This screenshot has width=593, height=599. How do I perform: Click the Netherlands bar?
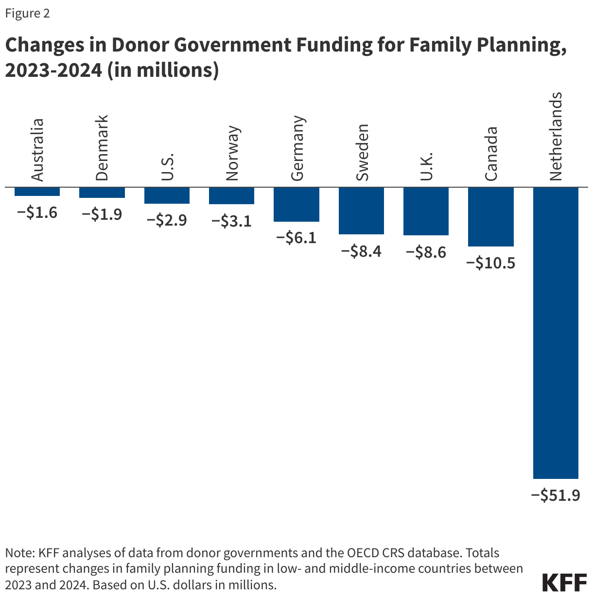pos(556,333)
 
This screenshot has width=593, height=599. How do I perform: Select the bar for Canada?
pos(490,217)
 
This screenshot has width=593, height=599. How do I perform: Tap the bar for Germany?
pos(296,205)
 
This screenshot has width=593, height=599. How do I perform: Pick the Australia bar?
pos(37,192)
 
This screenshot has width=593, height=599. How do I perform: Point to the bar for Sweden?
pos(361,211)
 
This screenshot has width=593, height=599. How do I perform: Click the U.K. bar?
pos(426,211)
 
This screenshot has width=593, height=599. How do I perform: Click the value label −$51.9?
pos(556,495)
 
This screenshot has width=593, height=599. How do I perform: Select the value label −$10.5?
pos(490,263)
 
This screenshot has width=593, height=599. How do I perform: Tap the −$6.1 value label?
pos(296,238)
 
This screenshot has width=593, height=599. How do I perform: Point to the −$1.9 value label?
pos(102,214)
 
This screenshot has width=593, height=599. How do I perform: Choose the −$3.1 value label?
pos(231,221)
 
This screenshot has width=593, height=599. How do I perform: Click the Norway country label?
pos(232,153)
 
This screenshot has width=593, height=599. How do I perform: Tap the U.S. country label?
pos(167,167)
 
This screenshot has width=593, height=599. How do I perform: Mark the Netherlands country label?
pos(556,136)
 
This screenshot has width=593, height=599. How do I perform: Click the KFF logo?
pos(564,582)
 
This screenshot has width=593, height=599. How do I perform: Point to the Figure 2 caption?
pos(27,13)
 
